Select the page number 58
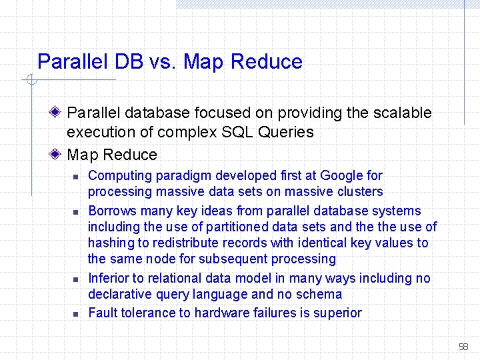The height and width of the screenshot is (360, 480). click(464, 347)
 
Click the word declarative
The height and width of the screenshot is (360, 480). click(119, 294)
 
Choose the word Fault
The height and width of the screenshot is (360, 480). click(103, 313)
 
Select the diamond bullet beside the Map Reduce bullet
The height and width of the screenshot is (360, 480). click(59, 155)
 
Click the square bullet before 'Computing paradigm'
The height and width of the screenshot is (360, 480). click(76, 177)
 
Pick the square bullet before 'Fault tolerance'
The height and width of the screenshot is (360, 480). click(76, 314)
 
